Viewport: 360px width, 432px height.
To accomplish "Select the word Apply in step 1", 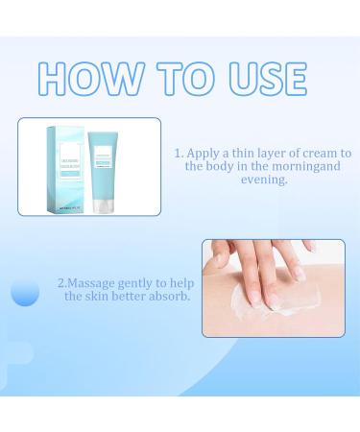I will [x=204, y=153].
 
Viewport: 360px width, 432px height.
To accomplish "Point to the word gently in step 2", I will [x=146, y=283].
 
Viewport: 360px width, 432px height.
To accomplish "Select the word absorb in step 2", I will [x=171, y=297].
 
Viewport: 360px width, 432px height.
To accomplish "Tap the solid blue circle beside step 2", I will [x=25, y=292].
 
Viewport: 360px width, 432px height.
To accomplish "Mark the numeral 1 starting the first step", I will [x=178, y=153].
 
